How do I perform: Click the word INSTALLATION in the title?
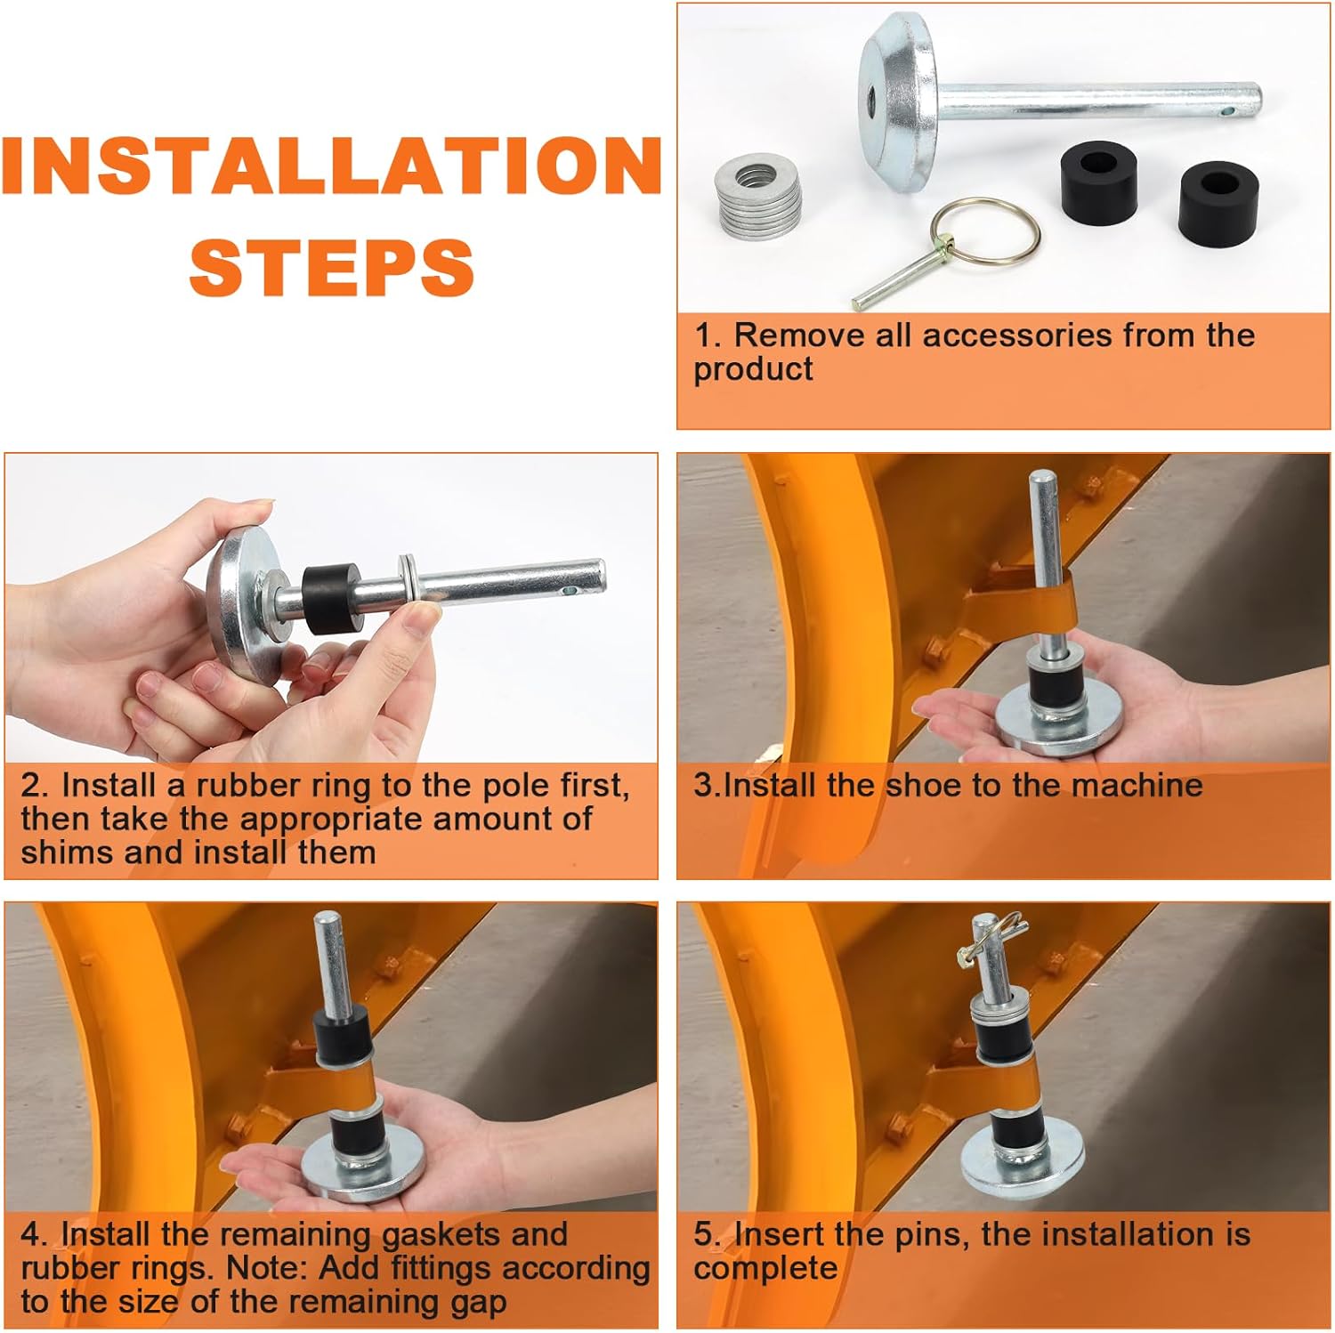tap(331, 166)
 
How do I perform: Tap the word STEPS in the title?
tap(331, 268)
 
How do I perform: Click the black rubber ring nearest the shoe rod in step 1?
tap(1100, 181)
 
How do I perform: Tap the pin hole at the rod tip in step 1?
tap(1229, 112)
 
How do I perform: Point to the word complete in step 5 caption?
tap(765, 1268)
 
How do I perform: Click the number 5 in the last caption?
tap(704, 1235)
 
